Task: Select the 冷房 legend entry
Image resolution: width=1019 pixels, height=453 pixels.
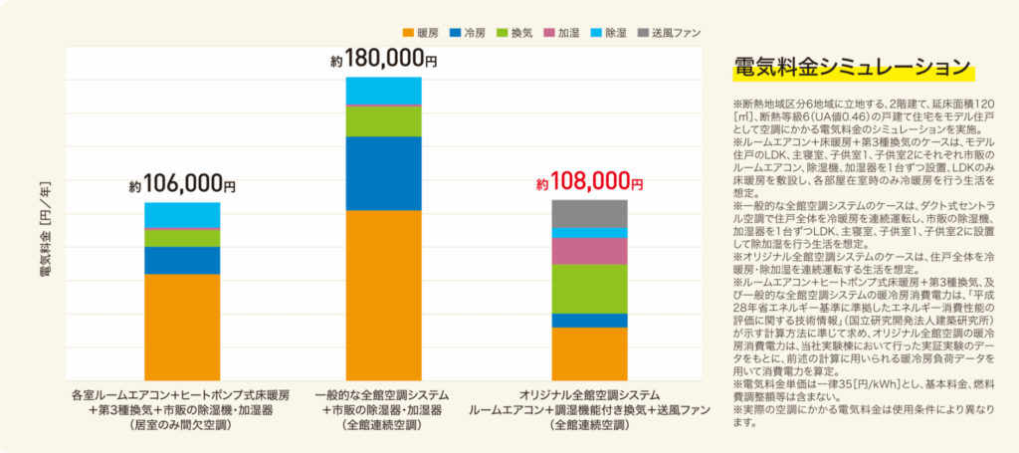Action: coord(475,32)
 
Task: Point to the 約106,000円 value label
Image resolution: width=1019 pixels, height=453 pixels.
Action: coord(182,185)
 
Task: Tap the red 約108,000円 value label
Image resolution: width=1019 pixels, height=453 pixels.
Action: coord(589,183)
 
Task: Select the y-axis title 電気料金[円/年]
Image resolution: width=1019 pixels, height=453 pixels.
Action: coord(44,230)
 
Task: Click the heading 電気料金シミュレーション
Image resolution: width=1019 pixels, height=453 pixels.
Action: coord(850,68)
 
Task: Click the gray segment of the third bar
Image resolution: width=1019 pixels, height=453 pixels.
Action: coord(589,213)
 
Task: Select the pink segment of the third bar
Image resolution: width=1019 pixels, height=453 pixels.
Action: coord(589,251)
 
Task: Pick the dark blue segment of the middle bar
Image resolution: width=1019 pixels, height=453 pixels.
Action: coord(383,173)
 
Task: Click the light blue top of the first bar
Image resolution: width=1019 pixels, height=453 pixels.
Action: coord(182,215)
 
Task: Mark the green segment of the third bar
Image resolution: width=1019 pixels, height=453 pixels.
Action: coord(589,289)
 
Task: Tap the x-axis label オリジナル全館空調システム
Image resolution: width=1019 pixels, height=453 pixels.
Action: coord(589,393)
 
